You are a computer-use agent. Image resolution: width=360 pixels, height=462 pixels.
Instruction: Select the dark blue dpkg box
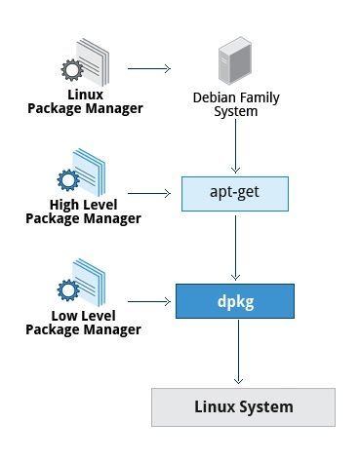236,300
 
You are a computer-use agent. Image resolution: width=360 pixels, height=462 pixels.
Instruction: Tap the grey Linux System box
243,405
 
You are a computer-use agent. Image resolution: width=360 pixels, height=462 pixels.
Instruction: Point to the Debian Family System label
236,104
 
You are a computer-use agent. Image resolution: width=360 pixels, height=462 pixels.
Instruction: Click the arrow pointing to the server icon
148,69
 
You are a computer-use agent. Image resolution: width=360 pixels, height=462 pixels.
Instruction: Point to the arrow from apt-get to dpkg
236,246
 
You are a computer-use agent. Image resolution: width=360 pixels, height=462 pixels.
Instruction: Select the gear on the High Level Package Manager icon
67,181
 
